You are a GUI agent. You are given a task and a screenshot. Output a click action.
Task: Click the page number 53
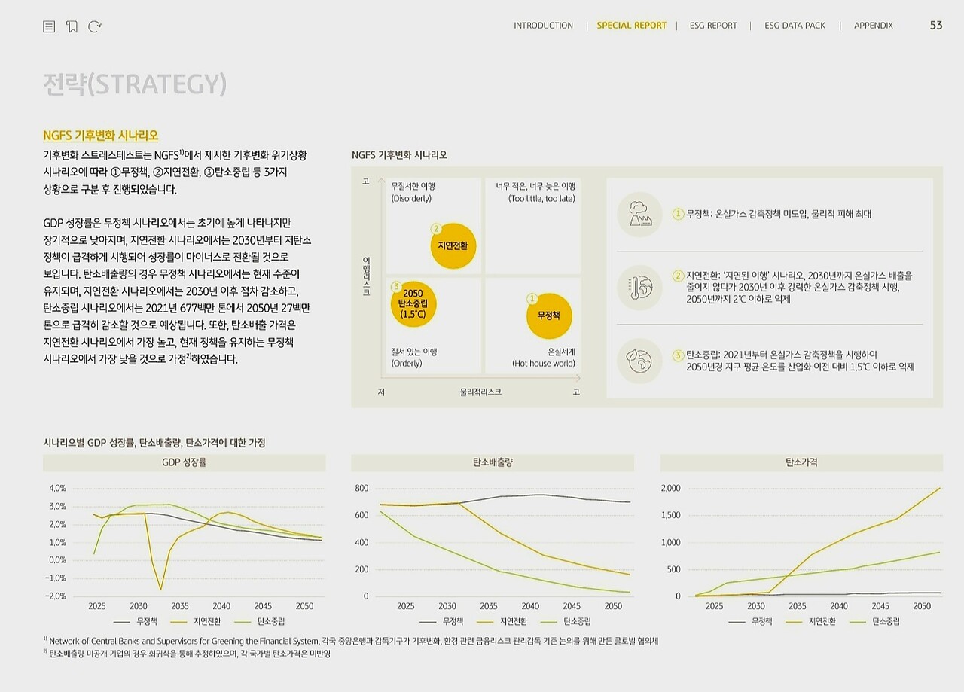click(936, 26)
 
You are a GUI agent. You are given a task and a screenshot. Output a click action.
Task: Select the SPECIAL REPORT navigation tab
click(631, 26)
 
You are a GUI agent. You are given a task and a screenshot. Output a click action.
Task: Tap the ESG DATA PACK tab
click(795, 26)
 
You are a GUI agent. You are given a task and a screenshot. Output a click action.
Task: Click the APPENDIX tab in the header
click(873, 26)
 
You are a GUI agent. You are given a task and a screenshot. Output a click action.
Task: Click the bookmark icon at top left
click(72, 26)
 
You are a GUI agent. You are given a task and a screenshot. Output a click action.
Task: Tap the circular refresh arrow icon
click(95, 26)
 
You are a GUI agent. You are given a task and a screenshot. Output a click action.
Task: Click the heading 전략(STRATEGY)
click(135, 84)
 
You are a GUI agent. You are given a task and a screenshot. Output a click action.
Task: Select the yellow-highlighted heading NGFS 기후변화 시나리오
click(101, 136)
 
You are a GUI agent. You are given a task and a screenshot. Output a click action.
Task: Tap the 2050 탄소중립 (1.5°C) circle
click(413, 303)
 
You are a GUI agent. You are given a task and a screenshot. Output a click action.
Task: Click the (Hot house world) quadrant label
click(543, 364)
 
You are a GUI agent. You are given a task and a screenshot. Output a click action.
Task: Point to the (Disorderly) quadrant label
click(411, 199)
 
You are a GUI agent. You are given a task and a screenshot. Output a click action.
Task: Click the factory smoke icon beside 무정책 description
click(639, 214)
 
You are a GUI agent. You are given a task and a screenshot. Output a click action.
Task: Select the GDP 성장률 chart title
click(184, 462)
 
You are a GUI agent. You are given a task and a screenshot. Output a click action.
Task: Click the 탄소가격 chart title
click(801, 462)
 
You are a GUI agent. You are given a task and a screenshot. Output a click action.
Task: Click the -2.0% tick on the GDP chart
click(57, 596)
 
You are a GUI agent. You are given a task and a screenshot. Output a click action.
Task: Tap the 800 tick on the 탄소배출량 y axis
click(361, 489)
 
